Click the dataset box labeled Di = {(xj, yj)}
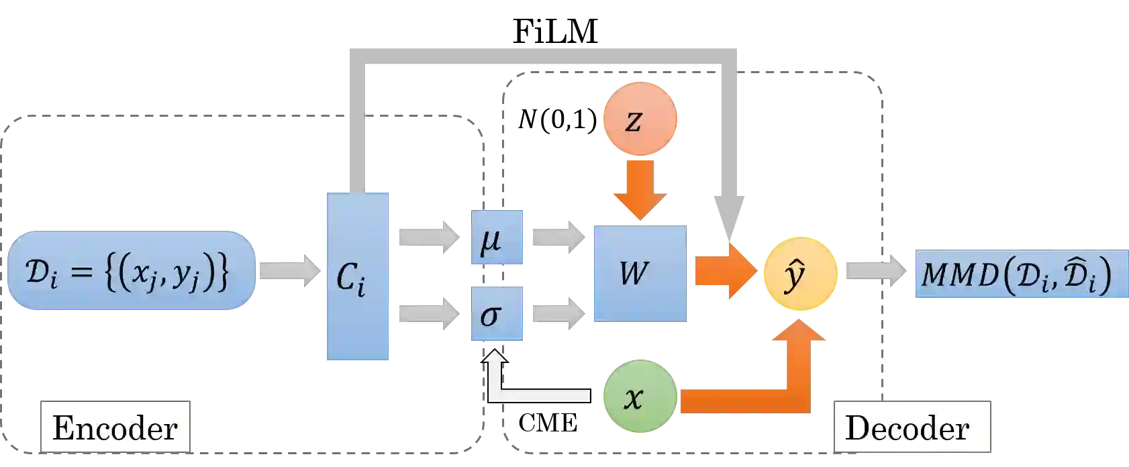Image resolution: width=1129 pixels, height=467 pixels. tap(132, 271)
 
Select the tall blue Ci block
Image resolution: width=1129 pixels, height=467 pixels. tap(356, 276)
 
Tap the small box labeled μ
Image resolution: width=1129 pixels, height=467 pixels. tap(496, 239)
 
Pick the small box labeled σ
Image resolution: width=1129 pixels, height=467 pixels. tap(496, 314)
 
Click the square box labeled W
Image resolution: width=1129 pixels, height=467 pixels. tap(639, 273)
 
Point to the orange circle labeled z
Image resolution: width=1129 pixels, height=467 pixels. tap(640, 119)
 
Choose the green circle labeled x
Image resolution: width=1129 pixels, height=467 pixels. tap(639, 397)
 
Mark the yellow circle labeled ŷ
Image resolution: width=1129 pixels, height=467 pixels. tap(799, 274)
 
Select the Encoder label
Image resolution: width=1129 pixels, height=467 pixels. tap(115, 427)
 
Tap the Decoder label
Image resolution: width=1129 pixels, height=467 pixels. tap(912, 427)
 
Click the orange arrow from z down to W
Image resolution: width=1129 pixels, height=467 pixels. tap(640, 188)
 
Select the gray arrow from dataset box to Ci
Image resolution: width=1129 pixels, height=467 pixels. tap(289, 271)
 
